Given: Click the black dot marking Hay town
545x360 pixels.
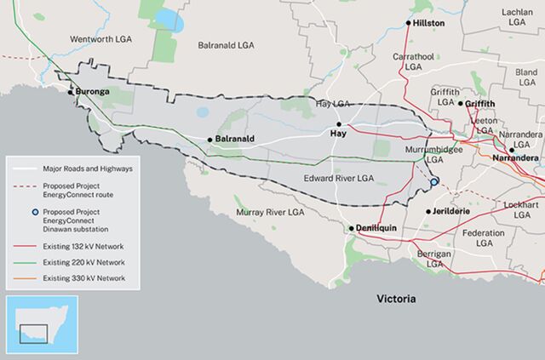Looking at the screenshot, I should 338,124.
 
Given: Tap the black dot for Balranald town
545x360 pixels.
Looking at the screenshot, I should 209,140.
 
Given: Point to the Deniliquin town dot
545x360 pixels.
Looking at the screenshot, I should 350,229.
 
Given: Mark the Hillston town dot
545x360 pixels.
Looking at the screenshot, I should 408,23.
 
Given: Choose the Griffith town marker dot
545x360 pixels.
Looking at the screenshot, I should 461,104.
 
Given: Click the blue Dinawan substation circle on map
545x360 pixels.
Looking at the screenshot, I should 433,182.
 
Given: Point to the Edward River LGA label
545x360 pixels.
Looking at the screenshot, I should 338,178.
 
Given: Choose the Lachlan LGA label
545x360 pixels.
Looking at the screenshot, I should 516,19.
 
